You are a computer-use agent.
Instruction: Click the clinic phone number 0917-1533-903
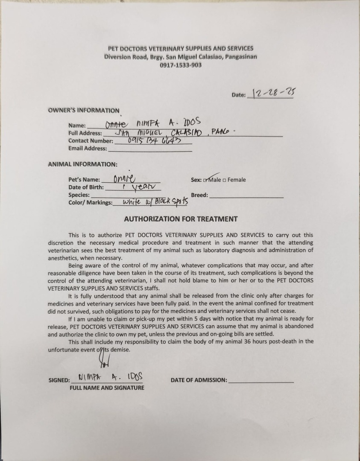(181, 65)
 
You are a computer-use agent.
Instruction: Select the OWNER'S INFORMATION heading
(84, 111)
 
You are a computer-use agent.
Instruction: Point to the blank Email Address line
(150, 149)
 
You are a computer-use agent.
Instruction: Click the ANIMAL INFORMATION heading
(82, 164)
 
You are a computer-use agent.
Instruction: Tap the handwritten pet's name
(124, 179)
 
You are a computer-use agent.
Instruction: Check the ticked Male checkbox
(206, 180)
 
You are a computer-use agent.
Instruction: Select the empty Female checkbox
(225, 180)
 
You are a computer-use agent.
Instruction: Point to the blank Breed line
(246, 195)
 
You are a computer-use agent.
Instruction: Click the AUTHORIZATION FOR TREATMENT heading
(181, 219)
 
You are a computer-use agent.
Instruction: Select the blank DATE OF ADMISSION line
(261, 380)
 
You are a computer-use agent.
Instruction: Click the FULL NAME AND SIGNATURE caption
(107, 388)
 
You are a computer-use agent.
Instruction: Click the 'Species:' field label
(79, 195)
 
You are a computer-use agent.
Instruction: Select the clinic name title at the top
(181, 49)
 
